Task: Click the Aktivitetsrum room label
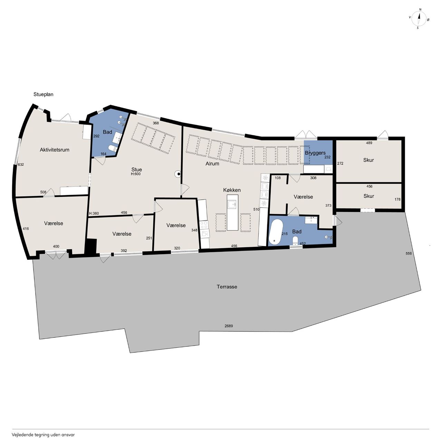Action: click(55, 150)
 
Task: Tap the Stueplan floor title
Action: click(44, 94)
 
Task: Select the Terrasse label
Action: click(227, 287)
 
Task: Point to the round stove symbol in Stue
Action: click(178, 174)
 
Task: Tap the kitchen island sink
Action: click(232, 204)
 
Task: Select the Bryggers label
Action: click(315, 153)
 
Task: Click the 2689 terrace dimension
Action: click(229, 326)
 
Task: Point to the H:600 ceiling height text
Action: click(136, 174)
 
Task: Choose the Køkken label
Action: click(232, 190)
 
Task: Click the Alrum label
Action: click(212, 164)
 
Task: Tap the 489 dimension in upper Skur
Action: click(369, 143)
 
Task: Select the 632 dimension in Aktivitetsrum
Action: click(21, 164)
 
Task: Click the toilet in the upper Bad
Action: click(113, 148)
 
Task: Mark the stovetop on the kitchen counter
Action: click(204, 225)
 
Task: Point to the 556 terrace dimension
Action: click(409, 253)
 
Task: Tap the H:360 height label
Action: click(94, 213)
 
